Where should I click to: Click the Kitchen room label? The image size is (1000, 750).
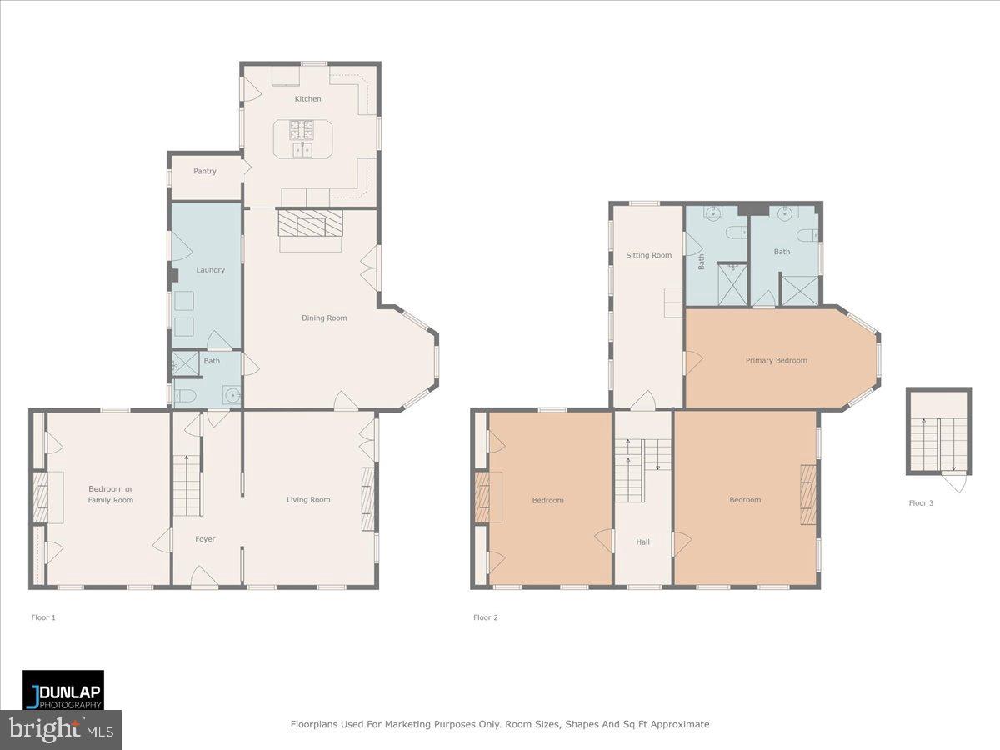tap(307, 99)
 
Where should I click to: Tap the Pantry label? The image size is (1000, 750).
tap(204, 171)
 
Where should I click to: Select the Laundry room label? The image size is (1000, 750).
tap(210, 269)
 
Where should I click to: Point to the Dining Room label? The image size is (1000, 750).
tap(324, 317)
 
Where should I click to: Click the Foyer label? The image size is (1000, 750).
tap(205, 539)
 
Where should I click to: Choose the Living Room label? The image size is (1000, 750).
tap(308, 499)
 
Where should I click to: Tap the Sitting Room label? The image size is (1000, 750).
tap(648, 255)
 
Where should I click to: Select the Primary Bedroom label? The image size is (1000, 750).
tap(776, 360)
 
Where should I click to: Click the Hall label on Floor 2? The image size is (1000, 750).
tap(642, 542)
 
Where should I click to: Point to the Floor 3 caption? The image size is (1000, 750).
tap(921, 503)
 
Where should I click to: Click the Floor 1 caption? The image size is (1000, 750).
tap(43, 617)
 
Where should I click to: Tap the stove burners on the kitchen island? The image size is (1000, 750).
tap(301, 130)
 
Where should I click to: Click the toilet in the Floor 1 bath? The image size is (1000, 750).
tap(184, 396)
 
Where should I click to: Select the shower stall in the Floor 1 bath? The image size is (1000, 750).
tap(185, 363)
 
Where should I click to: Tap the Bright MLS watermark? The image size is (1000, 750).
tap(61, 730)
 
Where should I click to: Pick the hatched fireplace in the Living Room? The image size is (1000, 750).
tap(367, 499)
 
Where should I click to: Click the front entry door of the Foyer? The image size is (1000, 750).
tap(204, 577)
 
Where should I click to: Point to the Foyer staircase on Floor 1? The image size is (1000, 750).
tap(187, 486)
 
